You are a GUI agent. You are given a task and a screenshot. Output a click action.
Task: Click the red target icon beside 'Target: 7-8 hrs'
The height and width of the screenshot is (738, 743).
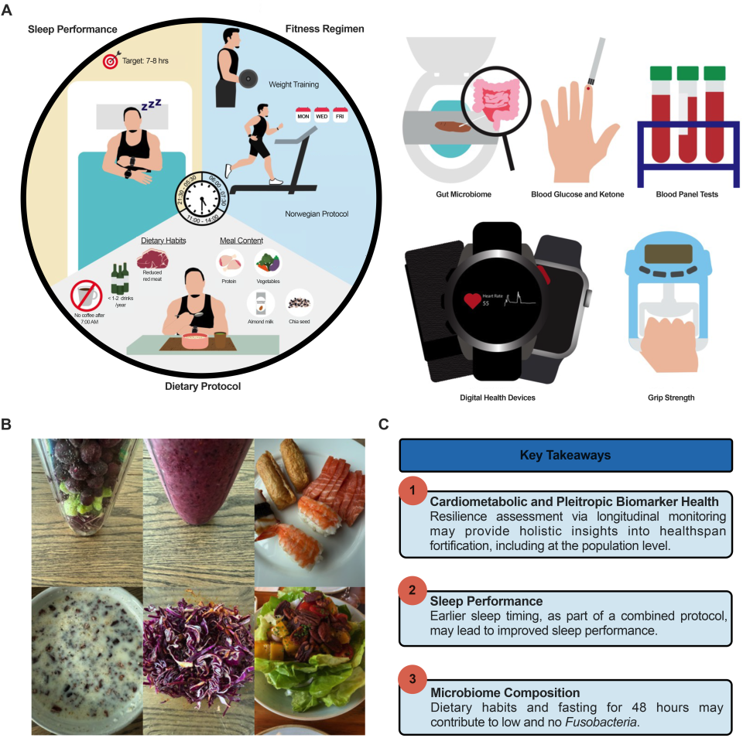(111, 60)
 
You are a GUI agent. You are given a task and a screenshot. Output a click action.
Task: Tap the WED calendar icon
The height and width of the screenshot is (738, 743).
(322, 114)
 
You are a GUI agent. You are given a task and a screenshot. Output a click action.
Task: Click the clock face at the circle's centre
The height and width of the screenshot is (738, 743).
(202, 198)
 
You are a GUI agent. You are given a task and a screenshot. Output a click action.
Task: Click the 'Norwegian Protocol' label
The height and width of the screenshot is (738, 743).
(317, 214)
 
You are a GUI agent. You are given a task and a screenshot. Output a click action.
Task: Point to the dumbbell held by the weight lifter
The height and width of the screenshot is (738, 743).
(248, 79)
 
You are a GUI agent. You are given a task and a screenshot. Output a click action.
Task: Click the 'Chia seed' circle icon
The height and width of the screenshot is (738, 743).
(300, 302)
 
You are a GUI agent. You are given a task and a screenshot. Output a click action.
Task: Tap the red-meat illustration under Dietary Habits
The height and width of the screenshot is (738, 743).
(152, 260)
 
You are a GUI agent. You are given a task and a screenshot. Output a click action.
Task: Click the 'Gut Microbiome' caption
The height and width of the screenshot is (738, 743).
(464, 194)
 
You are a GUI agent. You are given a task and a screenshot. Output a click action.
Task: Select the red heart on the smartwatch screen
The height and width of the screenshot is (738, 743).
(472, 300)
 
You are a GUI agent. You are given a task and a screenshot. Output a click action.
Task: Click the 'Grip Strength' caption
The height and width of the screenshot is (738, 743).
(671, 398)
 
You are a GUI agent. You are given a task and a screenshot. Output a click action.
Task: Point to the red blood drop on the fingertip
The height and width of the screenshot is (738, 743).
(588, 88)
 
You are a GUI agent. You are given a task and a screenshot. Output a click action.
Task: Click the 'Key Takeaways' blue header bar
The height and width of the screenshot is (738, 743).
(566, 455)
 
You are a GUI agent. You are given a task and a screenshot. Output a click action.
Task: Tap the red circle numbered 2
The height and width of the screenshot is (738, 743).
(413, 590)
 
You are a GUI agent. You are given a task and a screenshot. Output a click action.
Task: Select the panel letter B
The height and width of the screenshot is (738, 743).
(6, 424)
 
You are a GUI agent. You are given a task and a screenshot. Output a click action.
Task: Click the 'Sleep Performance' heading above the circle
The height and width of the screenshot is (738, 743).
(73, 29)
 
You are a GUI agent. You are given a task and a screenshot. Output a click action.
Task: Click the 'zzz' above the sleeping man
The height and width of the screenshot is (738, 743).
(152, 104)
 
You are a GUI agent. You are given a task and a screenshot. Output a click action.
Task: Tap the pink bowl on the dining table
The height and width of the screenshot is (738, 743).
(195, 341)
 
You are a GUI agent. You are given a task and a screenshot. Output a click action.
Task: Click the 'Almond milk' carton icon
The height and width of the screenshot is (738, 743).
(261, 303)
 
